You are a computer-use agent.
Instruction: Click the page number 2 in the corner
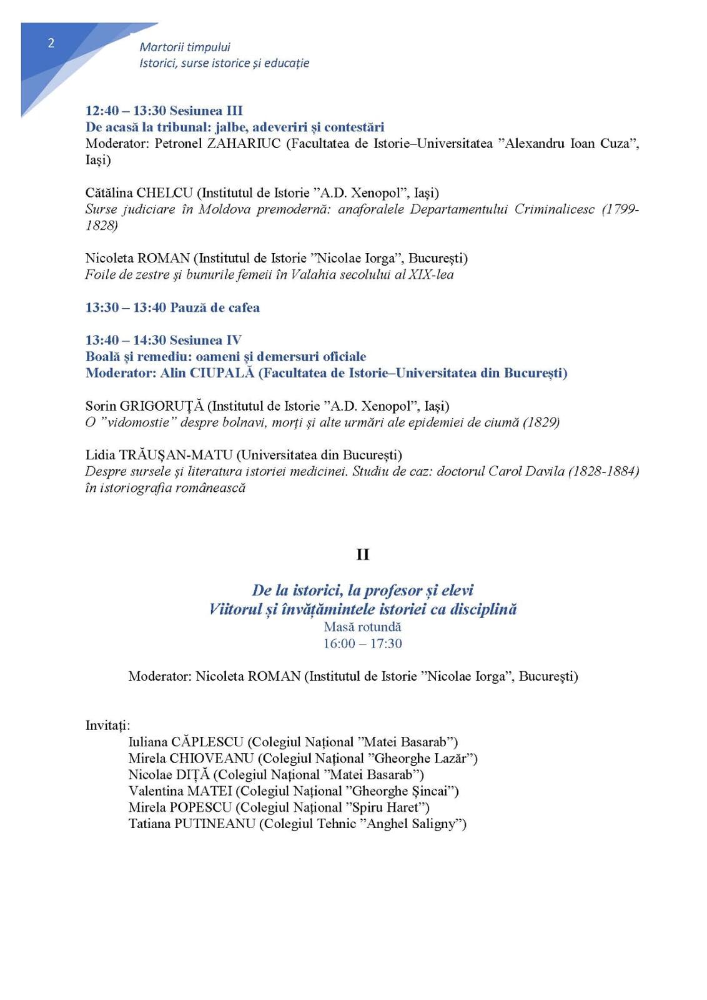pyautogui.click(x=51, y=43)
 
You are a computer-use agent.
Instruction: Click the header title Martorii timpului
pyautogui.click(x=185, y=47)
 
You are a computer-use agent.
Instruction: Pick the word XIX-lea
pyautogui.click(x=431, y=274)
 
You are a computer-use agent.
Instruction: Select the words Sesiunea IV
pyautogui.click(x=205, y=340)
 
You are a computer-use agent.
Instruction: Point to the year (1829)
pyautogui.click(x=541, y=422)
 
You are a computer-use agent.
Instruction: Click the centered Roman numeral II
pyautogui.click(x=362, y=554)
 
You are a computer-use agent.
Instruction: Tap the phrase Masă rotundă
pyautogui.click(x=362, y=627)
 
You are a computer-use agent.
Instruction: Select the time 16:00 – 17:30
pyautogui.click(x=362, y=644)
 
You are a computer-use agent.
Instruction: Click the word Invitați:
pyautogui.click(x=108, y=726)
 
